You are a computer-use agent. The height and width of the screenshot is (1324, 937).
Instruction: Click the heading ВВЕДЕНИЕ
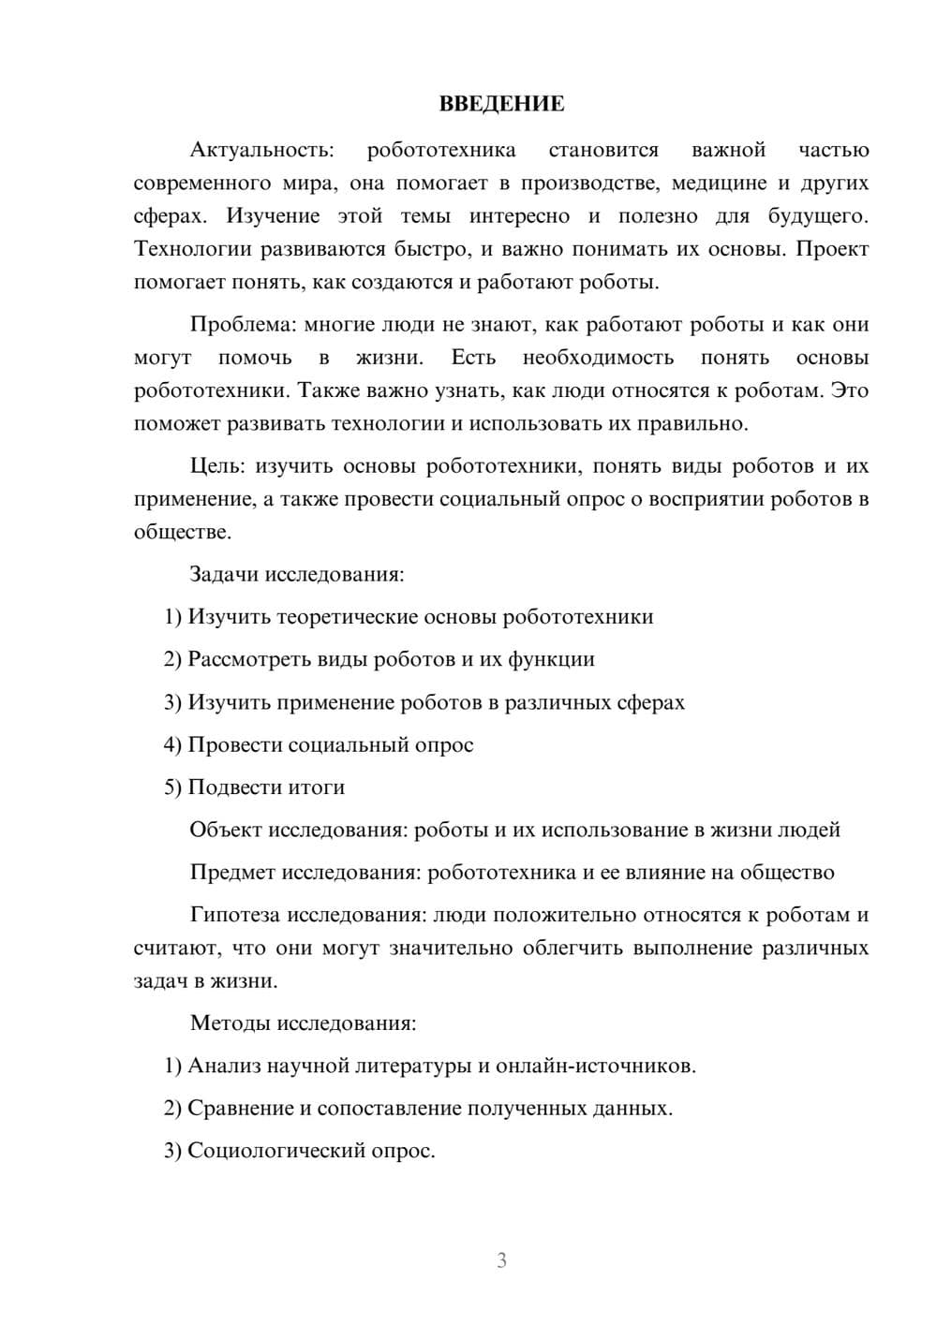point(501,104)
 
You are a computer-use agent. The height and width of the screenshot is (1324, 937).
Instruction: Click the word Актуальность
point(260,150)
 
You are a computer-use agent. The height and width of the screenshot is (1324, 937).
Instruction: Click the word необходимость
point(598,358)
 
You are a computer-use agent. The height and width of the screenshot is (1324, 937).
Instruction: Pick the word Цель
point(216,466)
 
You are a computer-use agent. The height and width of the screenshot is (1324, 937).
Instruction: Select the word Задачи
point(224,574)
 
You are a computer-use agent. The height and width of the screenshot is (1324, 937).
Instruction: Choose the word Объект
point(226,831)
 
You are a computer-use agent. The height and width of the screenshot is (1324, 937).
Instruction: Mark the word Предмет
point(232,873)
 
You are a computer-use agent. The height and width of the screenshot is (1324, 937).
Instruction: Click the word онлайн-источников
point(595,1066)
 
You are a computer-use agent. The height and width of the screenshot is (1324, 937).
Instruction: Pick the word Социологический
point(274,1151)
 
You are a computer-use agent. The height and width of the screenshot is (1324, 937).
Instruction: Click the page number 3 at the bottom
point(501,1260)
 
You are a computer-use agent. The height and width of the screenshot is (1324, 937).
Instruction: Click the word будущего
point(818,216)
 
